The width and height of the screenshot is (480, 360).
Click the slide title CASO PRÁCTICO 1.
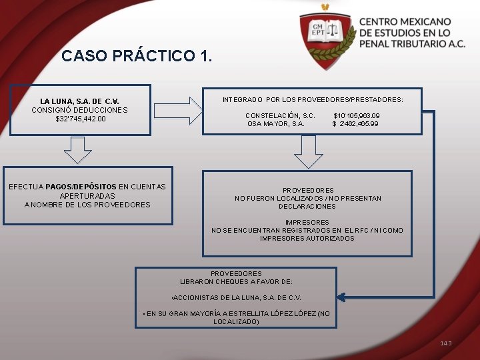click(137, 56)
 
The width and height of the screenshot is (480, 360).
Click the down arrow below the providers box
click(308, 153)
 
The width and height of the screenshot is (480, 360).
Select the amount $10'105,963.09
click(356, 115)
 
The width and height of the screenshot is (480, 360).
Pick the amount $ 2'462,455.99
click(355, 123)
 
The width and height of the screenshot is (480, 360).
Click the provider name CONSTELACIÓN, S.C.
click(280, 115)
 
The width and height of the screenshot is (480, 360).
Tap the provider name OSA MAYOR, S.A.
click(275, 123)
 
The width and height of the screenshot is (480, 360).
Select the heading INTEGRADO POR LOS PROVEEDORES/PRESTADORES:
click(313, 99)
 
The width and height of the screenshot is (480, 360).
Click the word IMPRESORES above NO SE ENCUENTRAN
click(307, 222)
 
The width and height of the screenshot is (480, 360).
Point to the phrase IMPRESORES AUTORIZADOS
click(307, 238)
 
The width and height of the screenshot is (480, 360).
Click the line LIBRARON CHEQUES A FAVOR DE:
click(236, 282)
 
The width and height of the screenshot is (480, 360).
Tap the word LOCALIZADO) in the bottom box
click(236, 321)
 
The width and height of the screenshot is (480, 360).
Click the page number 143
click(445, 343)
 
